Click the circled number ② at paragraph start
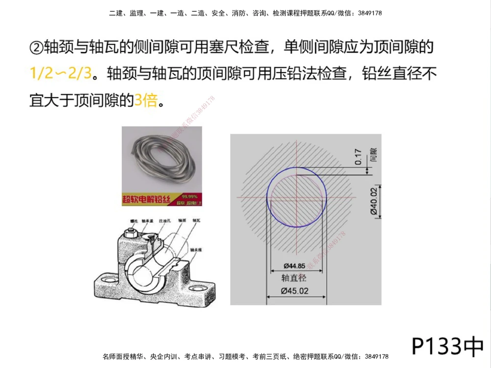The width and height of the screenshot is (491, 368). tap(36, 48)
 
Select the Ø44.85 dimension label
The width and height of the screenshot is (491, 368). tap(295, 266)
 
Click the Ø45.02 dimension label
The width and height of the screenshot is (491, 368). tap(295, 290)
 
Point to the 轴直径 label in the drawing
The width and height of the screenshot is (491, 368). tap(294, 278)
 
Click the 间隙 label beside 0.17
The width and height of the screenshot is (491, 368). tap(373, 156)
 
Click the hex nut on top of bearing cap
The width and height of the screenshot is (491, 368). tap(132, 234)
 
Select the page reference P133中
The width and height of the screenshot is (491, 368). tap(447, 346)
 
